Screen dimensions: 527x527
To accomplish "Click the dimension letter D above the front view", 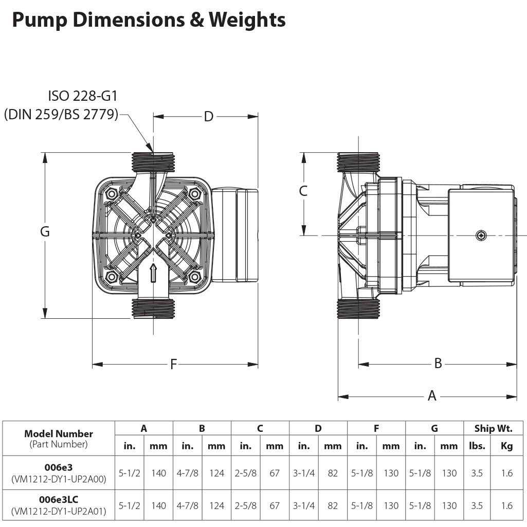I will (208, 117).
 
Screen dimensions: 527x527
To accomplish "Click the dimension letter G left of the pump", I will (45, 232).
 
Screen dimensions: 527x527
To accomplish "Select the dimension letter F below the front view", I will (174, 365).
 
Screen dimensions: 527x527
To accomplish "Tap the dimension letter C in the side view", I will (303, 191).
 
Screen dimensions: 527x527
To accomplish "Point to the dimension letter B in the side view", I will (438, 364).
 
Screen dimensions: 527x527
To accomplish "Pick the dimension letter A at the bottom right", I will (432, 396).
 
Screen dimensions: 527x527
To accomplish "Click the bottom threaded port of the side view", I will (358, 310).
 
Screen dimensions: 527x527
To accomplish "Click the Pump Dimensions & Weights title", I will (149, 21).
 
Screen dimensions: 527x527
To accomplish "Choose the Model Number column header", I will (59, 433).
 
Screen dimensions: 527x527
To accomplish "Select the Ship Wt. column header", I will (492, 428).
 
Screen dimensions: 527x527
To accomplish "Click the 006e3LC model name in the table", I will (59, 499).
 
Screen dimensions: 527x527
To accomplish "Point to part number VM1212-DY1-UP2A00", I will (59, 479).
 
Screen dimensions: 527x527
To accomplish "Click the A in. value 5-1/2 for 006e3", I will (130, 473).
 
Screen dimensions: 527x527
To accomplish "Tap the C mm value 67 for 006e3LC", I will (275, 505).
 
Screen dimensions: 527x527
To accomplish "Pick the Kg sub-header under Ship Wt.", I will (506, 446).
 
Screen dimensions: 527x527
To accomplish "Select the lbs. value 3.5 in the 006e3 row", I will (477, 473).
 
